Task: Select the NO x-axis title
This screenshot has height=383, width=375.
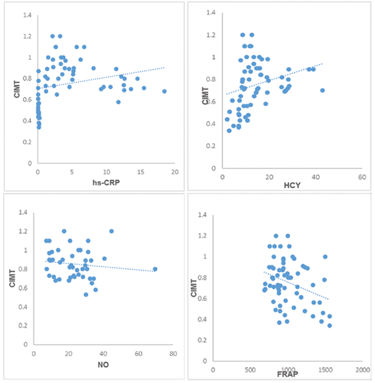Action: pos(104,364)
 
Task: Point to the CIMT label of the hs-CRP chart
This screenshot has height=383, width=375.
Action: pos(17,92)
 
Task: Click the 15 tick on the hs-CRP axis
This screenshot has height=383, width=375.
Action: pos(141,172)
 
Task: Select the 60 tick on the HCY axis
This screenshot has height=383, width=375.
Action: pos(362,176)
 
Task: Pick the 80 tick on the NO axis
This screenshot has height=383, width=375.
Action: pos(173,354)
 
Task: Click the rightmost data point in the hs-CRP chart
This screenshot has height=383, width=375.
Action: pos(164,91)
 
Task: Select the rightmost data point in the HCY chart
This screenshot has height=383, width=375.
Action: pos(322,90)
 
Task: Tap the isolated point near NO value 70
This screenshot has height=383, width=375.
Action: pos(155,269)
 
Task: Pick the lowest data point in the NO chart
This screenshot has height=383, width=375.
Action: pos(86,295)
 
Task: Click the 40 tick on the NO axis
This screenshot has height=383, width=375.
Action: pos(104,354)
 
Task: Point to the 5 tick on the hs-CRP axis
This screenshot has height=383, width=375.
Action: pos(72,172)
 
